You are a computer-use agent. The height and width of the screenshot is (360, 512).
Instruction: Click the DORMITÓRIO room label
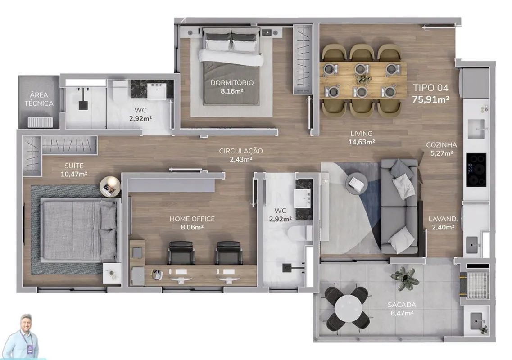click(232, 82)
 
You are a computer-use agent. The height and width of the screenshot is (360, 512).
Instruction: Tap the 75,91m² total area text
click(430, 99)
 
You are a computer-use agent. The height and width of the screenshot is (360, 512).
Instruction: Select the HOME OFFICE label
click(192, 219)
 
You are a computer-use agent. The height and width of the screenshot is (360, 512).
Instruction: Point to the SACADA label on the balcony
click(402, 305)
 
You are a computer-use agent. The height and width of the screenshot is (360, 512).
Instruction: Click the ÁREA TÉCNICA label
click(39, 99)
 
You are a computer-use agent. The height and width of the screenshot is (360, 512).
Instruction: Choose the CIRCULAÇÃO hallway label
click(240, 151)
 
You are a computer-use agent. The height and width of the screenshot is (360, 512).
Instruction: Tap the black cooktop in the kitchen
click(476, 170)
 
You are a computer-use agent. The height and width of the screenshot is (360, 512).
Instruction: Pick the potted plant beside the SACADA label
click(405, 278)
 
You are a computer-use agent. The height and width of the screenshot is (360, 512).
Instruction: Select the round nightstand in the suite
click(110, 187)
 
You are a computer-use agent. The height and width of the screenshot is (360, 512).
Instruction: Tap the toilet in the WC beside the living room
click(300, 234)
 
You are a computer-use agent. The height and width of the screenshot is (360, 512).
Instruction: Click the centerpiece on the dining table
click(363, 79)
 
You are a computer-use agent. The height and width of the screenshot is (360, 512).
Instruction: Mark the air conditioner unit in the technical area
click(40, 122)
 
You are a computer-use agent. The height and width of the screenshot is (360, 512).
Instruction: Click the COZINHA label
click(441, 145)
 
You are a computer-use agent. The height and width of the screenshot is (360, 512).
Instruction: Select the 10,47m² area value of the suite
click(74, 174)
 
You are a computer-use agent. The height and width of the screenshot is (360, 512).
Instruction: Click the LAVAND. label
click(443, 219)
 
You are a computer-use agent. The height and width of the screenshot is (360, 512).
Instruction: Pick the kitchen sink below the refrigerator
click(476, 129)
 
